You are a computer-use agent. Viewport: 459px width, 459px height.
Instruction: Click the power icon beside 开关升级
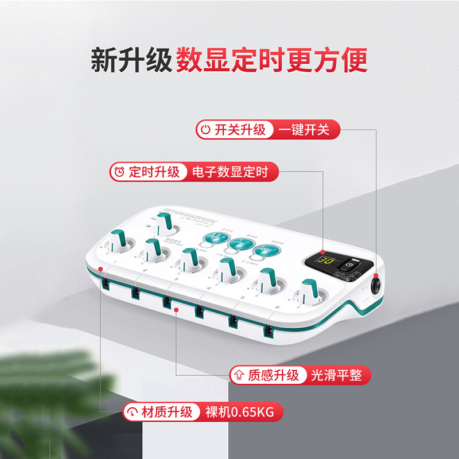[x=205, y=130]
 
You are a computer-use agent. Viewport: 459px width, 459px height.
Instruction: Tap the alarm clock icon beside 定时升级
[x=119, y=172]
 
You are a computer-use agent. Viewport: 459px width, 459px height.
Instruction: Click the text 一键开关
[x=304, y=130]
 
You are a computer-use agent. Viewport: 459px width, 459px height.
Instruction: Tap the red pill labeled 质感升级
[x=266, y=376]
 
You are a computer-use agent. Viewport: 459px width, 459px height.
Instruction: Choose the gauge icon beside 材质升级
[x=133, y=412]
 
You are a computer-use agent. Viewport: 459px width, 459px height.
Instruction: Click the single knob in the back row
[x=165, y=221]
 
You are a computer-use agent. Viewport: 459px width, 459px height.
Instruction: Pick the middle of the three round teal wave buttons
[x=238, y=243]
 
